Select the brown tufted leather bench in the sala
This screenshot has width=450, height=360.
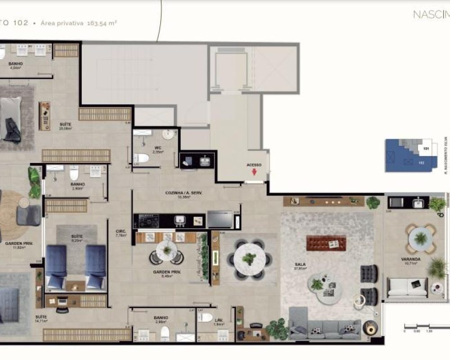[x=326, y=243]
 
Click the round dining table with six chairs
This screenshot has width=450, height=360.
[x=249, y=260]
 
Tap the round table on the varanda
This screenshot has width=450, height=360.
[x=420, y=237]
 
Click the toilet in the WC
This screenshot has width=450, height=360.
[x=141, y=158]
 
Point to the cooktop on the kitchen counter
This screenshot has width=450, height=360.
[x=148, y=220]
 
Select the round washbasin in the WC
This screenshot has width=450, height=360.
[x=170, y=134]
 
